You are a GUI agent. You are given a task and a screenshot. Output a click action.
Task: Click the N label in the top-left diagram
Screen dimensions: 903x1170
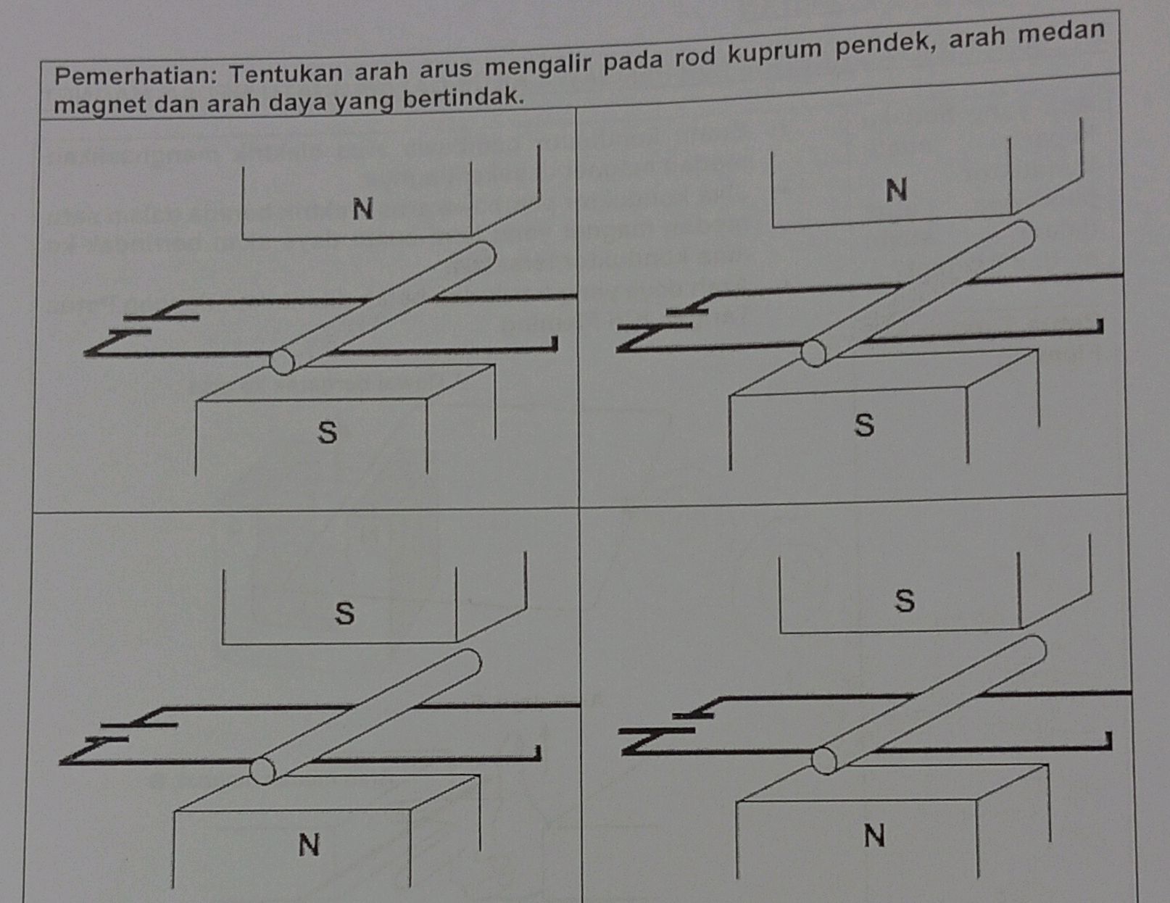click(362, 209)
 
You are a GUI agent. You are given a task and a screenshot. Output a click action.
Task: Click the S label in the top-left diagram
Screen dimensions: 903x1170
click(328, 433)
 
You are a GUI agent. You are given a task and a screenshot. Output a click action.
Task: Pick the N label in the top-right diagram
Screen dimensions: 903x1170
click(897, 191)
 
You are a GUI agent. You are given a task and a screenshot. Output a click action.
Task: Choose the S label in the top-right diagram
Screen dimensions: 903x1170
click(864, 425)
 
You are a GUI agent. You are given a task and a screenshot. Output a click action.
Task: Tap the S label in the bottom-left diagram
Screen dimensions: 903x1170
click(345, 613)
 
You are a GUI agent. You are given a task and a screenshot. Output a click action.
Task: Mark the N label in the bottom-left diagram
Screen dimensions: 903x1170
click(309, 844)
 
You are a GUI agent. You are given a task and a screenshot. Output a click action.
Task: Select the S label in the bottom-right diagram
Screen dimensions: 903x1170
click(905, 601)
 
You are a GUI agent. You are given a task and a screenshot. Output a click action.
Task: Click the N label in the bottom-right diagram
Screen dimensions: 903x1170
click(874, 836)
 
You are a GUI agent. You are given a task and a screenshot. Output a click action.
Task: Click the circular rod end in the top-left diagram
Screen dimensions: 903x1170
click(282, 361)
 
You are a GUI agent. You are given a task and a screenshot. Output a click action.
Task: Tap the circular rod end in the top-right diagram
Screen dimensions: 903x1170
click(813, 353)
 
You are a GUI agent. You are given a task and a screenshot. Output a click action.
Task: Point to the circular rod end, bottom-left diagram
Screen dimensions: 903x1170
click(262, 771)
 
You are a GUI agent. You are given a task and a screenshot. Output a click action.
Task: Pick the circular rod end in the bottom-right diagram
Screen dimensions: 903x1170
click(823, 761)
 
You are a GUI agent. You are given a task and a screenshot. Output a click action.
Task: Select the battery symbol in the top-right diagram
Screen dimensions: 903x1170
click(671, 320)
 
